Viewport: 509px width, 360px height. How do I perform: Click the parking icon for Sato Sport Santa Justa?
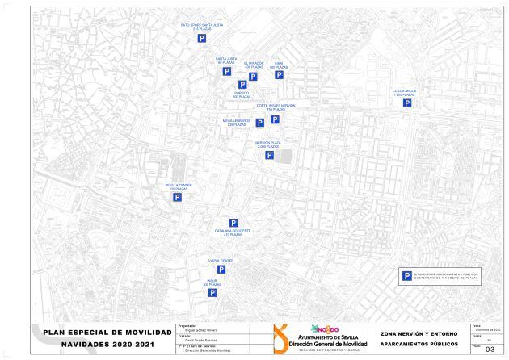point(203,39)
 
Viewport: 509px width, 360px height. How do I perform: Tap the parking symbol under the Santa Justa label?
point(227,71)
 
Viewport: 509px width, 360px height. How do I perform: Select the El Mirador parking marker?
point(253,77)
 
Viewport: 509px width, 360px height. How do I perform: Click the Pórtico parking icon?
point(242,84)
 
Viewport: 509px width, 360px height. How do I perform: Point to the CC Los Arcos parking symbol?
point(409,103)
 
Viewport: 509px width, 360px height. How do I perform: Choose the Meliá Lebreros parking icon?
point(260,123)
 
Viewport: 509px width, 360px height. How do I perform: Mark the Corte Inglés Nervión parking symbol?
point(275,119)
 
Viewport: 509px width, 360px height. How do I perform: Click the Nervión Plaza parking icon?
point(269,155)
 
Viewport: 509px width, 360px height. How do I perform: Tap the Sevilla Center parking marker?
point(178,196)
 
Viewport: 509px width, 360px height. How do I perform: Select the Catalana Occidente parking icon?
point(233,223)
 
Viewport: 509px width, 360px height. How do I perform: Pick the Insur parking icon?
point(212,294)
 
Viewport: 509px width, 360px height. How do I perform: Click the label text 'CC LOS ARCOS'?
point(404,90)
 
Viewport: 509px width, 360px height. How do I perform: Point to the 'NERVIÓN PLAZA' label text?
point(268,142)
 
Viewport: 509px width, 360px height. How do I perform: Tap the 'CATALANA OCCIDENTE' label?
point(233,230)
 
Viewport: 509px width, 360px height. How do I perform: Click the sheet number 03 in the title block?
point(489,350)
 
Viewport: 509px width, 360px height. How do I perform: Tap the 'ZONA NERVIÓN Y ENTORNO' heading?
point(416,333)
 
